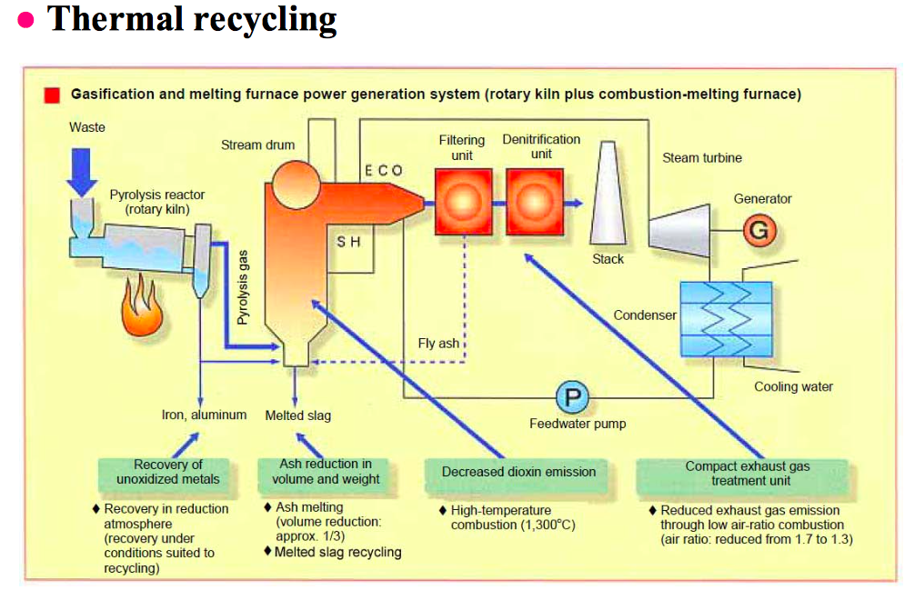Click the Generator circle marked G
click(x=758, y=231)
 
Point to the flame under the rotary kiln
click(x=142, y=308)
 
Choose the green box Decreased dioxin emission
click(x=518, y=472)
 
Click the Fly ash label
click(x=438, y=344)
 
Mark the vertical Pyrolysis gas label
click(x=243, y=288)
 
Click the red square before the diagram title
click(x=53, y=95)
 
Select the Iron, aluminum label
click(x=204, y=415)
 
